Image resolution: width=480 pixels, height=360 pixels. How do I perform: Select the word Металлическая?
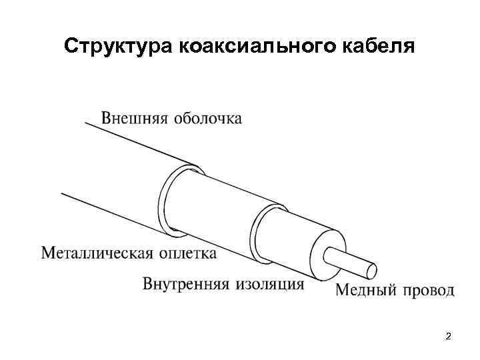pos(98,253)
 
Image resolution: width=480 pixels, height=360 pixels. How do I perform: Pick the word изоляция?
pos(270,285)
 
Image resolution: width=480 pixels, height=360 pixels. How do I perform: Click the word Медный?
pos(364,290)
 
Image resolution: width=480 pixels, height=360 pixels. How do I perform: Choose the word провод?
pos(427,290)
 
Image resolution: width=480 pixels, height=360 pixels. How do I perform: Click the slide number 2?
pos(448,336)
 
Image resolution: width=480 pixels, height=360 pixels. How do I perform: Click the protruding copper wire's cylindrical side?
pos(350,262)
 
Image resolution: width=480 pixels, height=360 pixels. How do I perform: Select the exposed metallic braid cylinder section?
pos(220,200)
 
